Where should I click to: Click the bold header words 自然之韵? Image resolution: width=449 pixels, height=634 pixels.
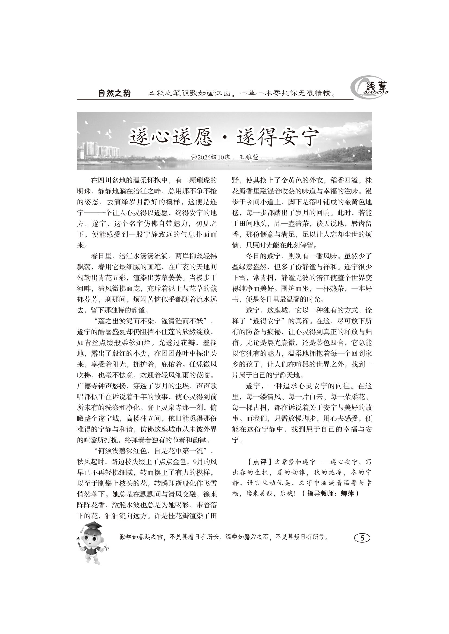(115, 93)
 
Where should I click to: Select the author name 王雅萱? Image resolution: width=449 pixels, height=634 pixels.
(249, 157)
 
